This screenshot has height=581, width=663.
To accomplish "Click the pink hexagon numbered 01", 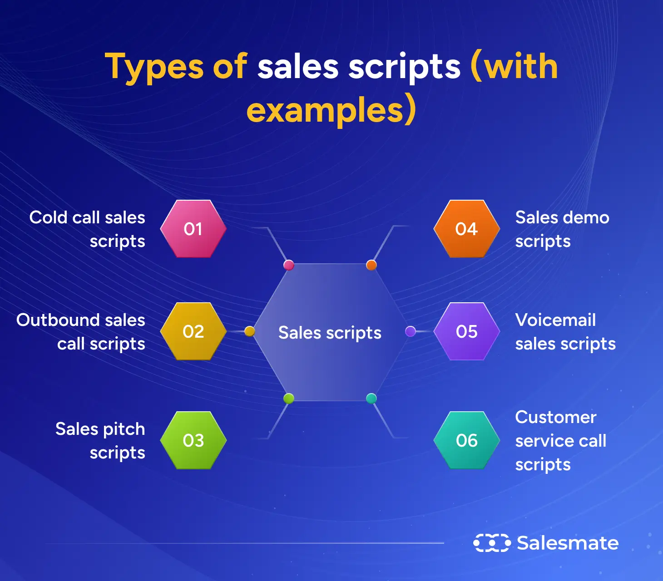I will click(x=193, y=229).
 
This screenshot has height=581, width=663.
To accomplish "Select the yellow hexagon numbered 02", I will click(x=193, y=331).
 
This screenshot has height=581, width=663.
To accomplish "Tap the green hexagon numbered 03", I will click(x=193, y=440).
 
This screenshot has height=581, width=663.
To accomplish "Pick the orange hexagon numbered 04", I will click(x=467, y=229).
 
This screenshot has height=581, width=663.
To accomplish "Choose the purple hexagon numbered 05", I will click(x=467, y=331).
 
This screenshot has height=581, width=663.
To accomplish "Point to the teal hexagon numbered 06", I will click(x=467, y=440).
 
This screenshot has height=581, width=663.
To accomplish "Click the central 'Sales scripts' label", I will click(x=330, y=333).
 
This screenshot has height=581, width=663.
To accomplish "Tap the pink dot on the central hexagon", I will click(x=288, y=265).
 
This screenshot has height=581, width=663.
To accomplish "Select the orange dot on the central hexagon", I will click(x=371, y=265).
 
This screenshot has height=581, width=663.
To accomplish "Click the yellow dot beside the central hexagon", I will click(x=249, y=331).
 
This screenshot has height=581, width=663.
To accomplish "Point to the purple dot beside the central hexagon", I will click(x=411, y=331).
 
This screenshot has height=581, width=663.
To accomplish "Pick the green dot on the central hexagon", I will click(x=288, y=399).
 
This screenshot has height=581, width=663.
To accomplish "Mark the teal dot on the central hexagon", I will click(x=371, y=399).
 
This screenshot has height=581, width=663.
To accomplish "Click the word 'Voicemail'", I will click(x=555, y=320).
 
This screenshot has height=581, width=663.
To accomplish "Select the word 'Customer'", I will click(x=556, y=417).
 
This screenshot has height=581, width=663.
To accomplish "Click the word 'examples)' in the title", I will click(x=331, y=110).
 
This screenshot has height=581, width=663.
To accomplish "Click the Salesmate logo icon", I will click(x=492, y=543).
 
